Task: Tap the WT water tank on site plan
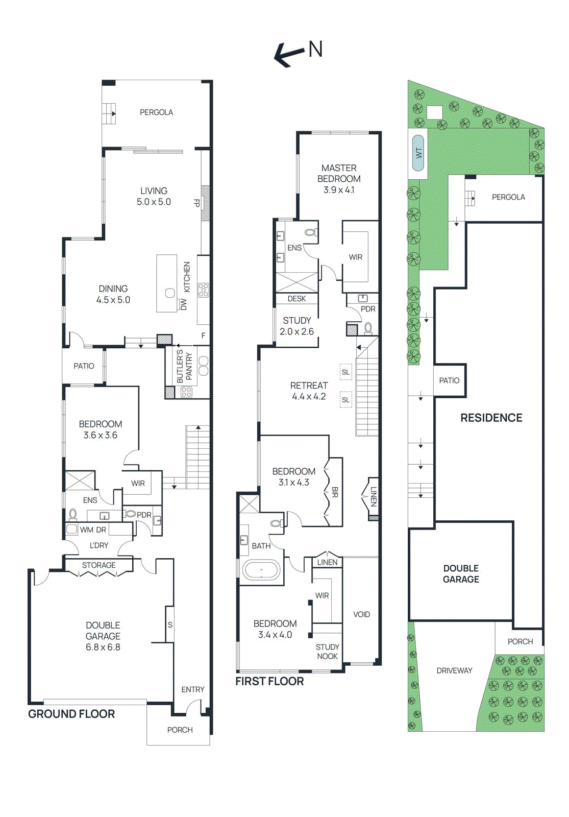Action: pyautogui.click(x=418, y=152)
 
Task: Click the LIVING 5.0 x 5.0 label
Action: pyautogui.click(x=154, y=197)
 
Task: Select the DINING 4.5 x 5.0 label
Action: pyautogui.click(x=113, y=295)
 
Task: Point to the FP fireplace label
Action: pyautogui.click(x=196, y=203)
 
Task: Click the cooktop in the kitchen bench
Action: pyautogui.click(x=203, y=290)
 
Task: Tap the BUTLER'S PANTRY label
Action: pyautogui.click(x=184, y=366)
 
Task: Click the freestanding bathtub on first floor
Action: pyautogui.click(x=261, y=570)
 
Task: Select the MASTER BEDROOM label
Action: pyautogui.click(x=339, y=179)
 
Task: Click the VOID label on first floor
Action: pyautogui.click(x=361, y=614)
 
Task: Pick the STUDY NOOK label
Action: pyautogui.click(x=327, y=652)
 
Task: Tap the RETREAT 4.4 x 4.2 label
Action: pyautogui.click(x=309, y=391)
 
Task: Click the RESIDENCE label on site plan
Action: pyautogui.click(x=491, y=418)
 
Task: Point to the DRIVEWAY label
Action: pyautogui.click(x=454, y=670)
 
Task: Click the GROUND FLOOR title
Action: pyautogui.click(x=71, y=714)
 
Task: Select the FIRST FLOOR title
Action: pyautogui.click(x=269, y=681)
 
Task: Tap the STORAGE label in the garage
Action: pyautogui.click(x=98, y=565)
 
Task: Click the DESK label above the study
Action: pyautogui.click(x=296, y=299)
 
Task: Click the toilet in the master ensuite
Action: pyautogui.click(x=310, y=233)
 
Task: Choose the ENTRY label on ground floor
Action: pyautogui.click(x=192, y=689)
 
